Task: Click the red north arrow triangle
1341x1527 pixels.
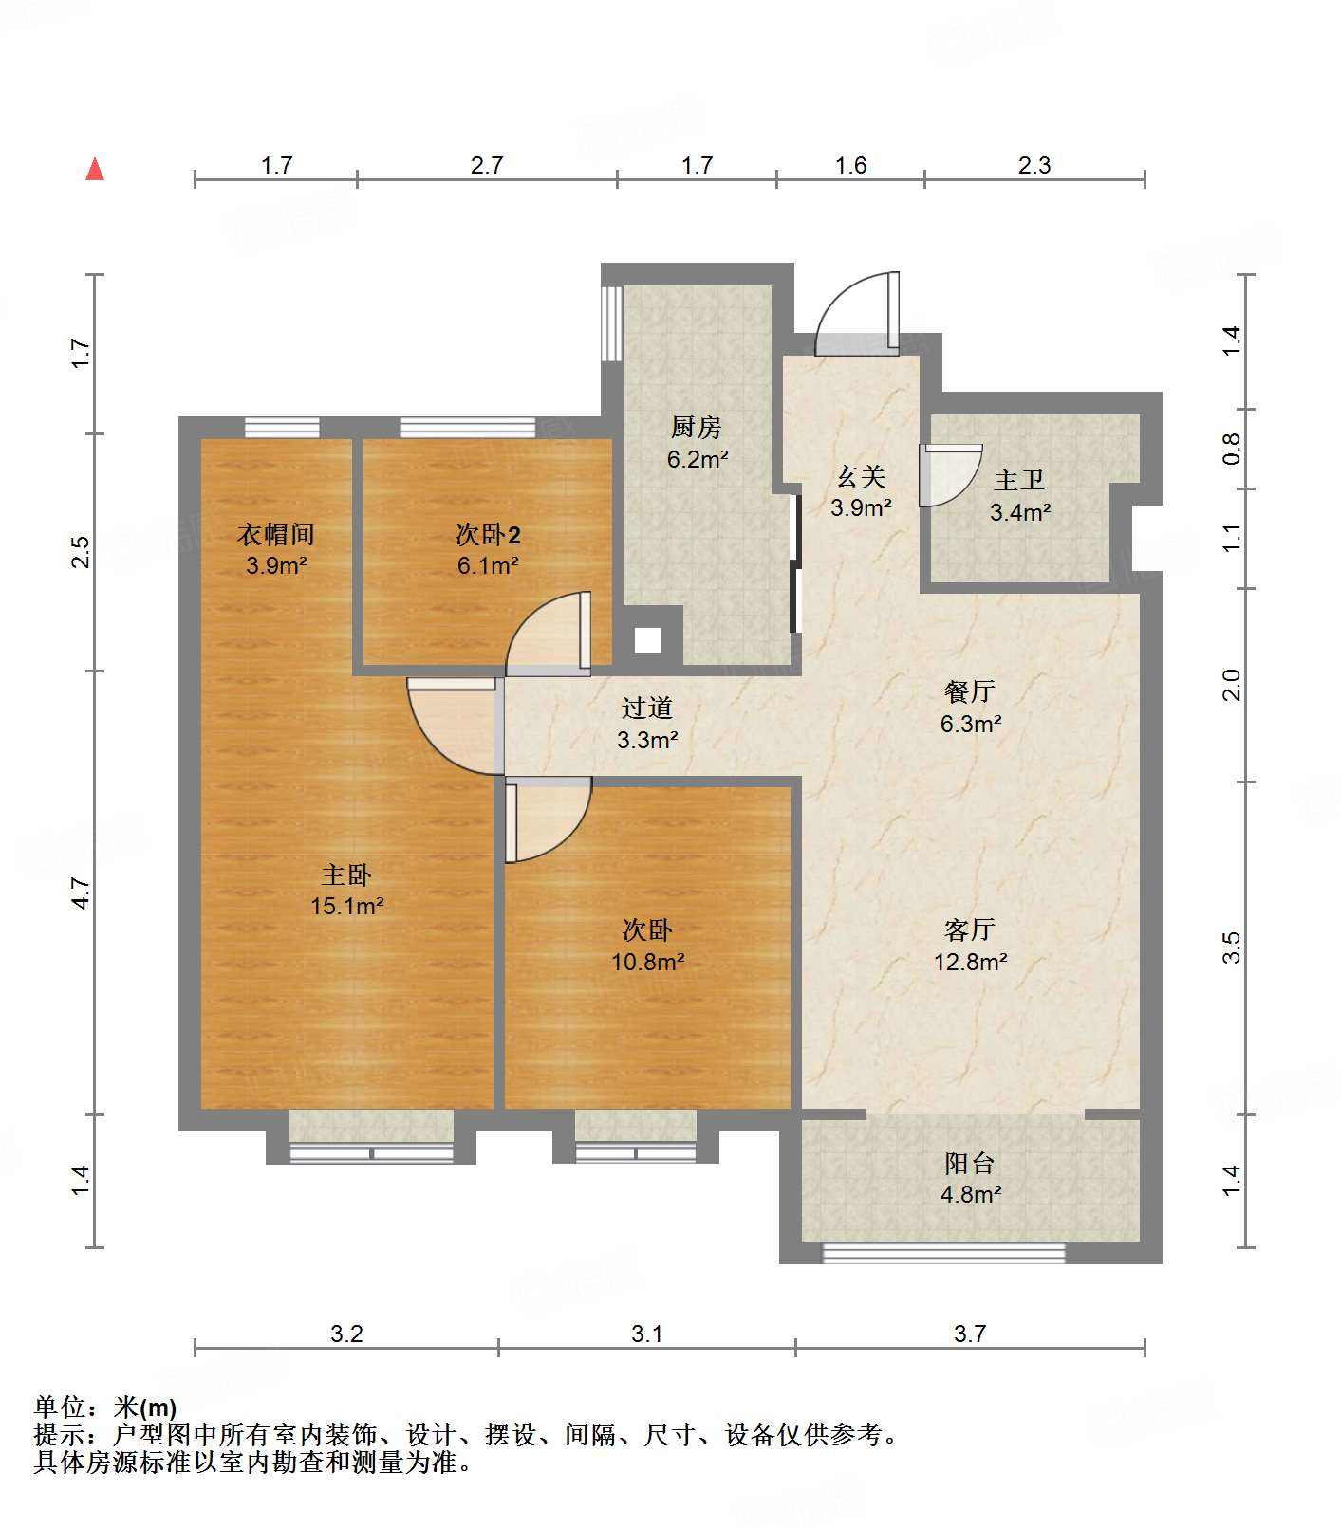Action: [x=95, y=169]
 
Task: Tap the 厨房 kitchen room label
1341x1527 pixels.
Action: [x=697, y=428]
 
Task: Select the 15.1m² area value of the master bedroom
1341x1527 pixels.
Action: [x=346, y=906]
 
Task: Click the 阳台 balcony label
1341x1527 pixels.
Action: [x=969, y=1163]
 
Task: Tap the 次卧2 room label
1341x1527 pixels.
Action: [x=487, y=535]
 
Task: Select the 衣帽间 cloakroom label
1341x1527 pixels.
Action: [x=275, y=534]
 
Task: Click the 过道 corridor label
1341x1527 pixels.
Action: [x=647, y=708]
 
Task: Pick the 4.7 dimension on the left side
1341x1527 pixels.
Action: [x=82, y=894]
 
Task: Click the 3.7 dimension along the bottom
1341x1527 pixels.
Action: [x=970, y=1334]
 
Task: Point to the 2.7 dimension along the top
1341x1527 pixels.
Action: [x=487, y=166]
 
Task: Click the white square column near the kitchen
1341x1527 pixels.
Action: [x=648, y=641]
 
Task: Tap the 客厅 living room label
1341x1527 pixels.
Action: [x=969, y=929]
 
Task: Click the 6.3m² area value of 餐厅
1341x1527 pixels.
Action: [x=971, y=724]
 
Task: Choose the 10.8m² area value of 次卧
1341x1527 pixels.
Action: [x=647, y=962]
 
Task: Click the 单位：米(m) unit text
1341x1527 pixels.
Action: [x=105, y=1407]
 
